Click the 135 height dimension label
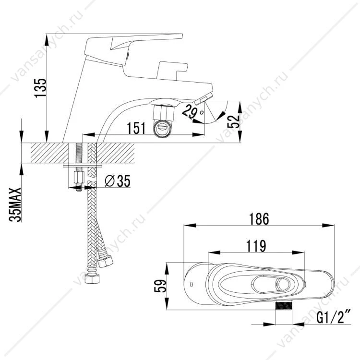coord(40,88)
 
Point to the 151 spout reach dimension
coord(136,128)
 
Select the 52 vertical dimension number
coord(233,121)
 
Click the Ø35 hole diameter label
coord(118,180)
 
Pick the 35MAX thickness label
coord(15,204)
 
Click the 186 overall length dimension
coord(259,219)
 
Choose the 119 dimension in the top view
coord(256,246)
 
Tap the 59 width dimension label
coord(160,286)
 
